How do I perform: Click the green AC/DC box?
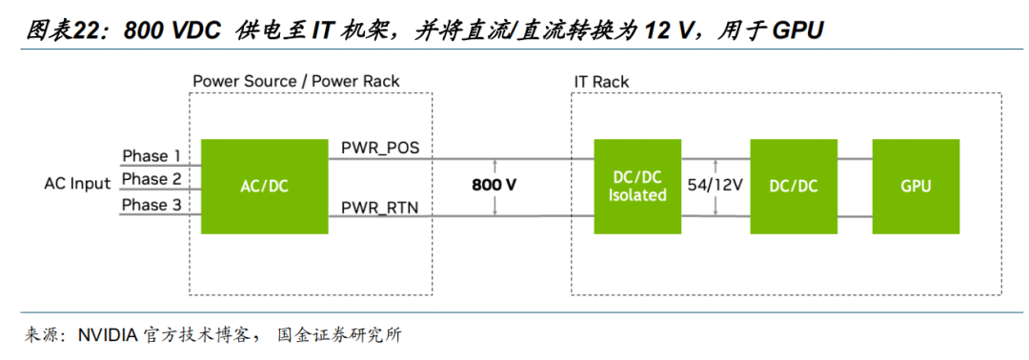264,187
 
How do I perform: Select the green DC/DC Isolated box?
637,187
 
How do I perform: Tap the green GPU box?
916,187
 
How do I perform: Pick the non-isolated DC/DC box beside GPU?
794,187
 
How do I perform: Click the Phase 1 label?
151,156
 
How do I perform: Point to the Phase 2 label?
151,179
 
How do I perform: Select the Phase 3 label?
151,206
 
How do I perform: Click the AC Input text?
77,184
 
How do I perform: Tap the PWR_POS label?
380,149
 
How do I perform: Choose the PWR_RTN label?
380,209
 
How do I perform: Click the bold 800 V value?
494,185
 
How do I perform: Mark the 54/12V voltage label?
715,185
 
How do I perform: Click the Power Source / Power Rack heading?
296,81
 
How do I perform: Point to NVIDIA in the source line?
107,336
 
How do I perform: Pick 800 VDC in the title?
171,30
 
